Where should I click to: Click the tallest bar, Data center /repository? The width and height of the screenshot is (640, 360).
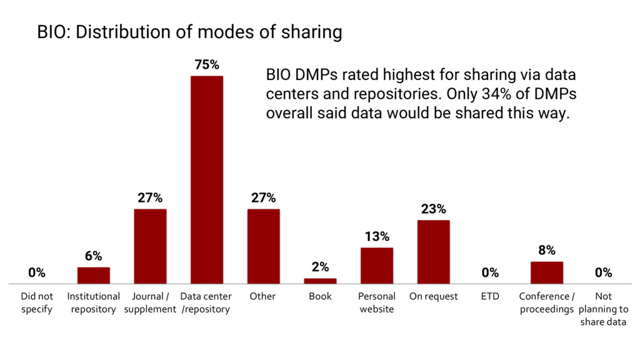pos(207,180)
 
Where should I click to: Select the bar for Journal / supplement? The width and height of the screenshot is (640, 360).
pos(150,246)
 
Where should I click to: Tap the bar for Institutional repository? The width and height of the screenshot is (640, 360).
pos(93,276)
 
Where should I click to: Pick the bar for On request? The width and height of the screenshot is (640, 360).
pos(433,252)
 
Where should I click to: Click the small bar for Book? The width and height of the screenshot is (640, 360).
pos(320,281)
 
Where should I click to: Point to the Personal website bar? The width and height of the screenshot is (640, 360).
pos(377,266)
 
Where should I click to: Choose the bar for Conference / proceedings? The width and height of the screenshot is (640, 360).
pos(547,272)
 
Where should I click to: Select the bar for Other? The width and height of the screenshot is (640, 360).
pos(263,246)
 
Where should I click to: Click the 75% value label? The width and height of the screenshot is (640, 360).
pos(207,65)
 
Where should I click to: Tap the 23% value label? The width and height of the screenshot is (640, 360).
pos(433,209)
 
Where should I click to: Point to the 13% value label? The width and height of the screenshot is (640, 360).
pos(377,236)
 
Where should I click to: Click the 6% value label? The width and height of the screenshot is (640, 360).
pos(93,256)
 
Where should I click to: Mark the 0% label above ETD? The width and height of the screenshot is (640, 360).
pos(490,272)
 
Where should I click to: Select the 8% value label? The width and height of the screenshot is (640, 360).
pos(547,250)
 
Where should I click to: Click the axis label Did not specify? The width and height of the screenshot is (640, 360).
pos(37,302)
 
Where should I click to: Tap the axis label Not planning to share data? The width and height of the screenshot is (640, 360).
pos(603,309)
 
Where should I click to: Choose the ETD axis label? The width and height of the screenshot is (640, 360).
pos(490,296)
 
